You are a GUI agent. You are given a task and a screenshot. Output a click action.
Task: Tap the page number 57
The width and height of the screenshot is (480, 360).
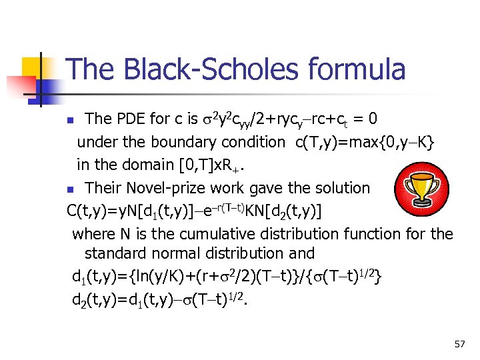459,344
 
